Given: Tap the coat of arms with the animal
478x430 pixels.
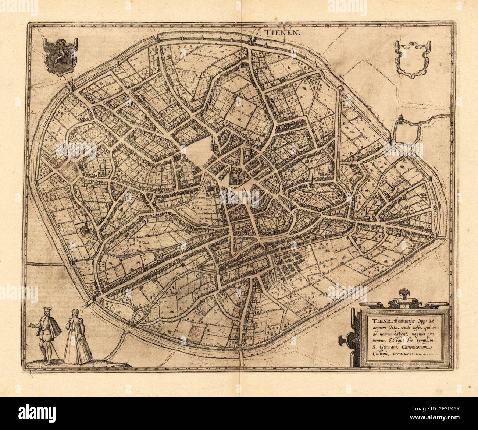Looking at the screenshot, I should [60, 54].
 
